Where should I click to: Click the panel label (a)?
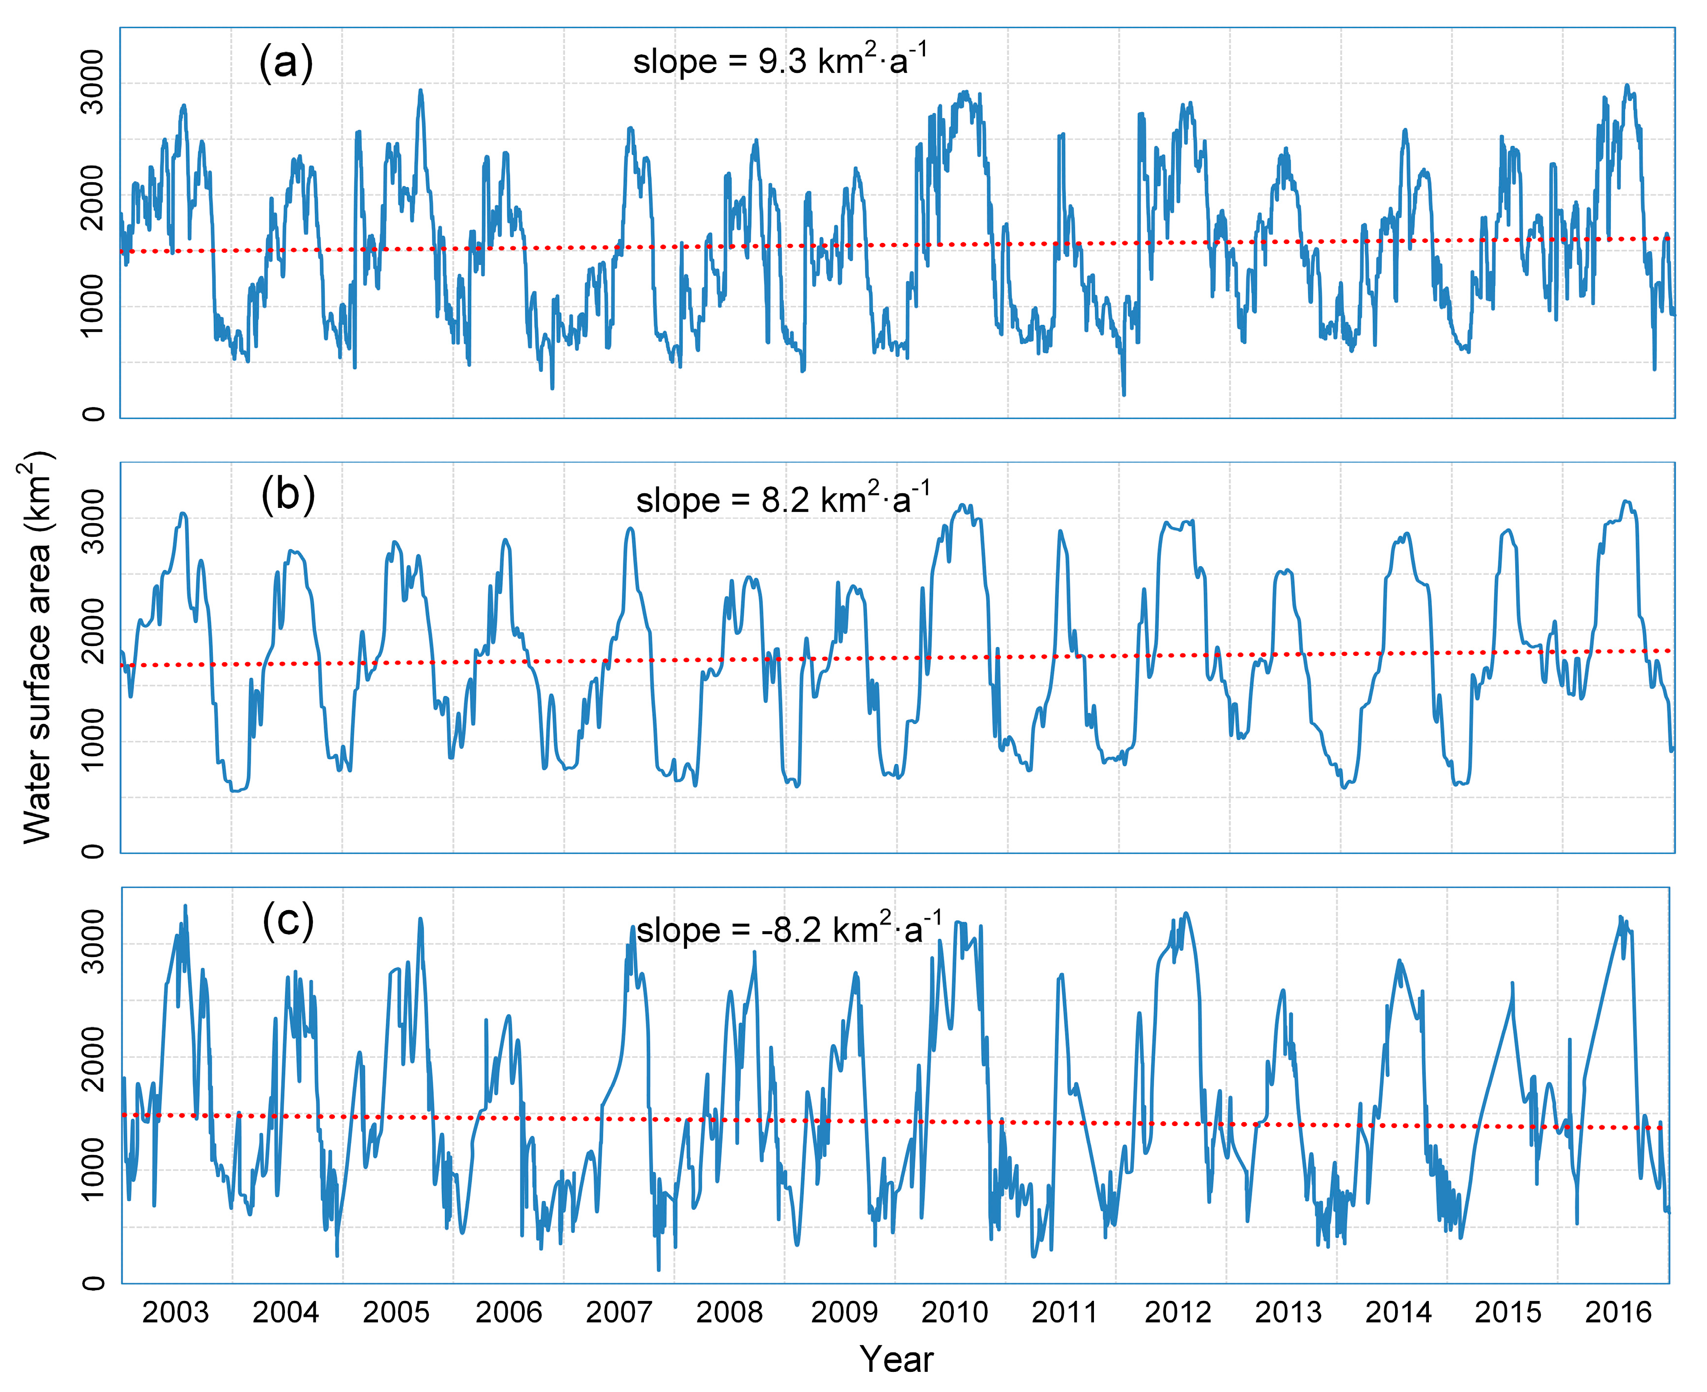click(x=285, y=63)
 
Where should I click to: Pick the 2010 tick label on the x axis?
click(x=954, y=1313)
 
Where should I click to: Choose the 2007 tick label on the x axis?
click(x=618, y=1313)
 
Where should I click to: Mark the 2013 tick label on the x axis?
click(x=1288, y=1313)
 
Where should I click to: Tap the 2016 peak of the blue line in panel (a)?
click(x=1626, y=86)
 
